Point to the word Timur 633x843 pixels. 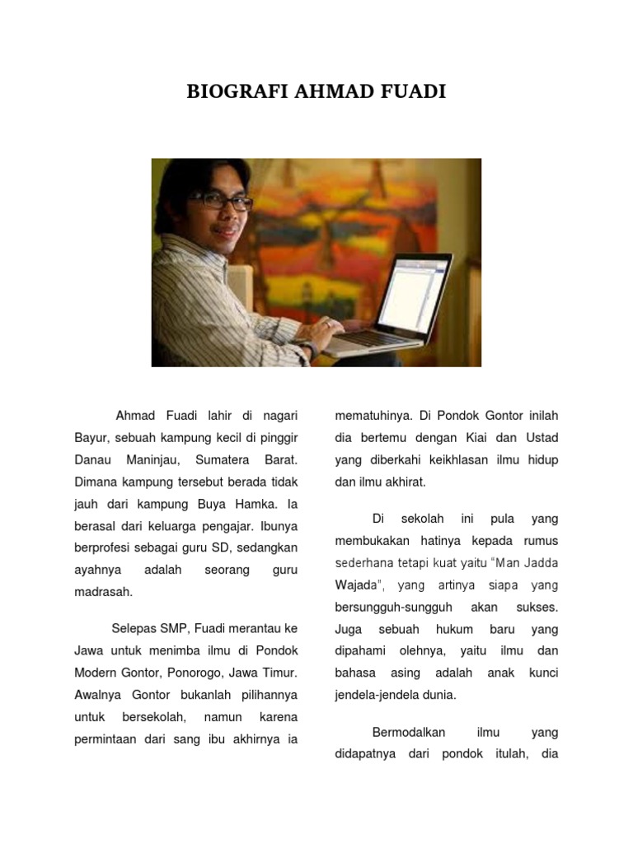(280, 673)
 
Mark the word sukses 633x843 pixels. (538, 608)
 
